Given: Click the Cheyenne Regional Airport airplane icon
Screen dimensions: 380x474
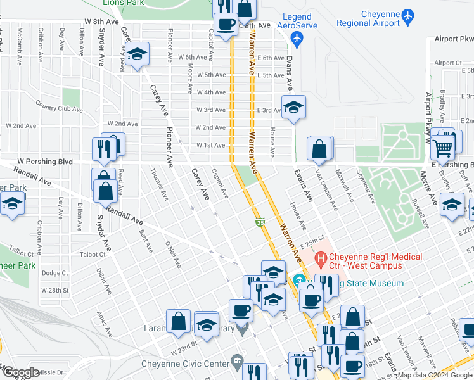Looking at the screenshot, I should pos(407,14).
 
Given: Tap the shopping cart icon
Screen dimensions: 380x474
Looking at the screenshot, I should pos(444,148).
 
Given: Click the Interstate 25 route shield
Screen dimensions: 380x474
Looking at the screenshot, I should pos(260,222).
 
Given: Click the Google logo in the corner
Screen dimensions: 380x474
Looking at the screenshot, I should pos(20,372).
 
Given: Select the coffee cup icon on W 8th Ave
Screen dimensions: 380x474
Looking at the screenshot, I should pos(226,25).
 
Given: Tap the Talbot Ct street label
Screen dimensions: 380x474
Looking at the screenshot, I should pos(93,254).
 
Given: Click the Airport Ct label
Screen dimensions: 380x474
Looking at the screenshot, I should pos(448,63).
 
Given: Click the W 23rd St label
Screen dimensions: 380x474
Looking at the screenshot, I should pos(184,350).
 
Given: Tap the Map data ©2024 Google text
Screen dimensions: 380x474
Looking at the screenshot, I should pos(434,375).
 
